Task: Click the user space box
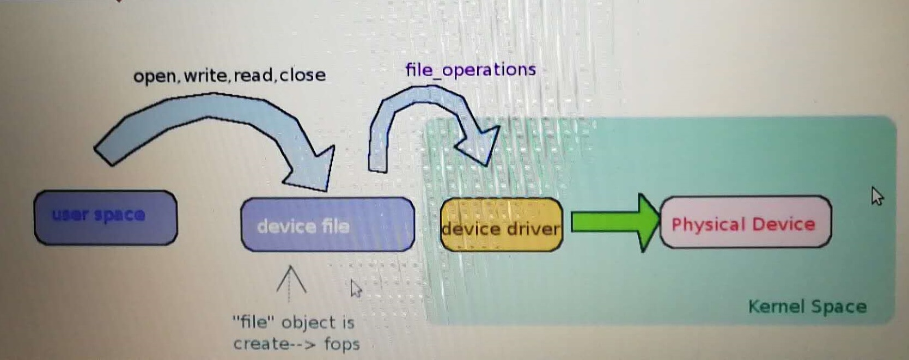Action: coord(105,218)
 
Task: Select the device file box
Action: coord(327,225)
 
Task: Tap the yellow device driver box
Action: coord(501,225)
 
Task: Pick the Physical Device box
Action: coord(745,223)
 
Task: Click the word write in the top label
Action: coord(206,75)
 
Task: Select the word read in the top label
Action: coord(254,75)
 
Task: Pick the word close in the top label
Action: coord(303,75)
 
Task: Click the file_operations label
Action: coord(471,70)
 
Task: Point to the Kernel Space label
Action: coord(807,307)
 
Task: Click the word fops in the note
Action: coord(341,344)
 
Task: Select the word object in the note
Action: coord(308,322)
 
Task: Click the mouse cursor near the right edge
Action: coord(877,196)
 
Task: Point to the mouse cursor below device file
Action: coord(356,288)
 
